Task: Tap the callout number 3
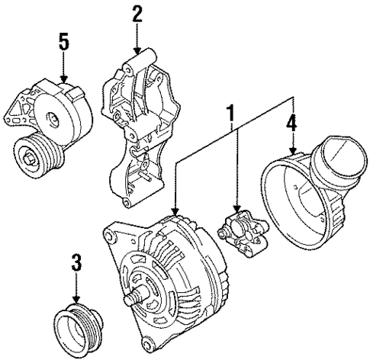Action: pos(76,265)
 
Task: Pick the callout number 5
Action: pos(64,41)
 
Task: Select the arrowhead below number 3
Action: pos(76,302)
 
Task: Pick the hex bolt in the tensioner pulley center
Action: pos(29,159)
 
